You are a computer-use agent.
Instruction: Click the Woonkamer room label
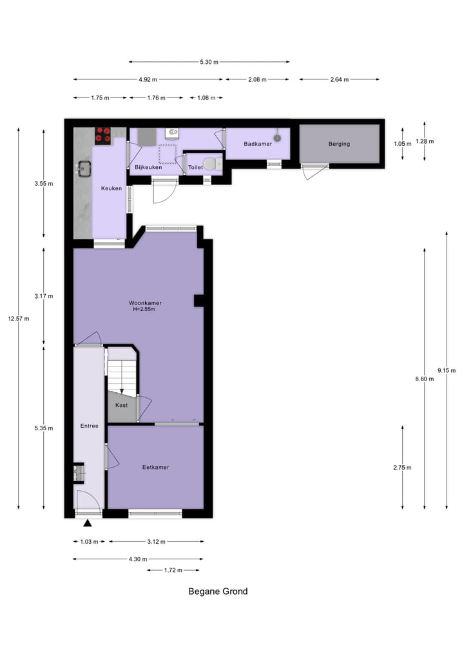click(145, 303)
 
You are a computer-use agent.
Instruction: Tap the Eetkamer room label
click(155, 467)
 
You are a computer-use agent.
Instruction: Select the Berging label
click(339, 144)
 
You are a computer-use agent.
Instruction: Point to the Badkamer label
click(257, 144)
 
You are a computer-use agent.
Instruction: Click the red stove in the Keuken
click(102, 135)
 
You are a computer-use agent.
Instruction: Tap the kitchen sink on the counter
click(84, 168)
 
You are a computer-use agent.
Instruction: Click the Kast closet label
click(121, 405)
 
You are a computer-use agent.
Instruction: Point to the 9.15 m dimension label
click(446, 370)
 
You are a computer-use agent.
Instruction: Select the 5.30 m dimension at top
click(209, 62)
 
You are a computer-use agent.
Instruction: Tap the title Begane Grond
click(218, 591)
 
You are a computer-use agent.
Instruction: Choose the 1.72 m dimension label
click(173, 570)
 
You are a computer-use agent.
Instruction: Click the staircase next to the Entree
click(122, 374)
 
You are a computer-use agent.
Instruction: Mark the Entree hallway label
click(89, 426)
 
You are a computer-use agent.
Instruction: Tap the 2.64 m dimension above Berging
click(339, 80)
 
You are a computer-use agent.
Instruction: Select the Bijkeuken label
click(148, 168)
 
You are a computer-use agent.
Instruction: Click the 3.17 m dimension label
click(43, 296)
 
